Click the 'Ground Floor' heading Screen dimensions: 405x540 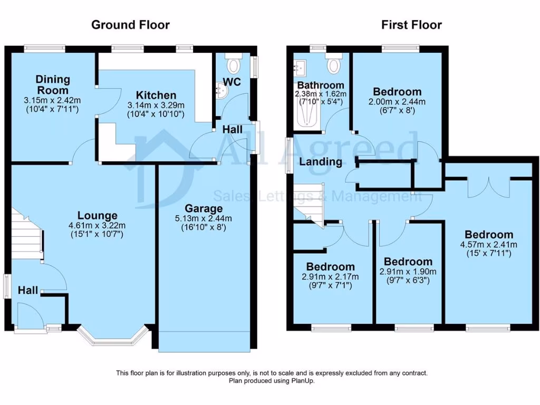(130, 25)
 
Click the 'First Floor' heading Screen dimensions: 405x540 (411, 25)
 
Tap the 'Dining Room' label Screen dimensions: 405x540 (52, 85)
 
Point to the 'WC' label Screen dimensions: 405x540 (232, 82)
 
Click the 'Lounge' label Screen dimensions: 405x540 (97, 215)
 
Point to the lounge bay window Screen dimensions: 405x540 (111, 337)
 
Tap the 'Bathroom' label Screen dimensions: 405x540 (321, 85)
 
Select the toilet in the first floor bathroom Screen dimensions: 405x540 (333, 65)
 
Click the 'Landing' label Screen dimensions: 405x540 (321, 161)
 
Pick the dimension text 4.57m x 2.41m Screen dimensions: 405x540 (488, 244)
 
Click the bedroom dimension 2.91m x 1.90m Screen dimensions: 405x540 (408, 272)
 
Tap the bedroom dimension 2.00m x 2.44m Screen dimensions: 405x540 (397, 101)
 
